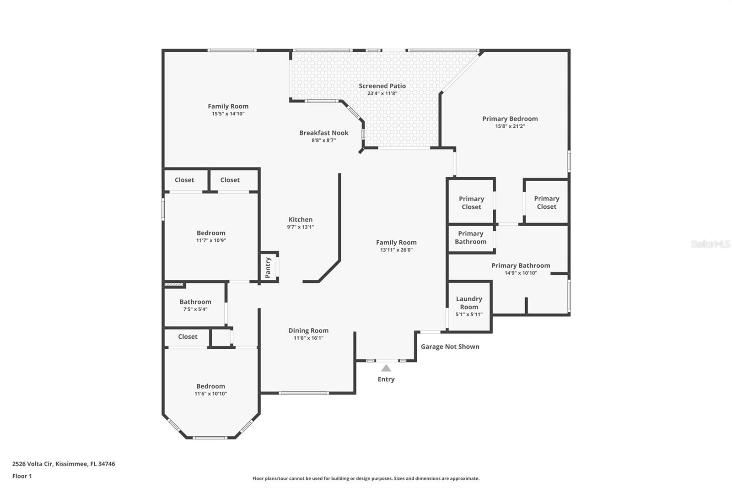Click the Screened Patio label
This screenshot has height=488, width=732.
pyautogui.click(x=382, y=86)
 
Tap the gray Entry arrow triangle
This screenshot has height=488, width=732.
pyautogui.click(x=386, y=369)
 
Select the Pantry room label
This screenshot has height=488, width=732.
pyautogui.click(x=268, y=267)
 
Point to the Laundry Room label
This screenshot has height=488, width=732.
pyautogui.click(x=469, y=303)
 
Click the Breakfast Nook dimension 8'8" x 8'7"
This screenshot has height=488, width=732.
pyautogui.click(x=323, y=141)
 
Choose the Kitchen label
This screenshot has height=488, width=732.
pyautogui.click(x=300, y=219)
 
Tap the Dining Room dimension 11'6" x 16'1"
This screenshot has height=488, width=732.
pyautogui.click(x=308, y=338)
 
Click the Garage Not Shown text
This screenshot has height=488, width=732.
pyautogui.click(x=450, y=347)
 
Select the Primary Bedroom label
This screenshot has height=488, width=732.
pyautogui.click(x=510, y=119)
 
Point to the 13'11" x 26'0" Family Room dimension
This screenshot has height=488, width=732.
pyautogui.click(x=396, y=250)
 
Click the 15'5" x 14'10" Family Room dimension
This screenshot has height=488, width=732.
pyautogui.click(x=228, y=114)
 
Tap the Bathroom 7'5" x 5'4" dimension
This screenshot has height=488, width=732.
pyautogui.click(x=195, y=309)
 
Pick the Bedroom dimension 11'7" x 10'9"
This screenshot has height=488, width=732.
pyautogui.click(x=211, y=240)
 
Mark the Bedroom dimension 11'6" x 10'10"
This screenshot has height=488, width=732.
pyautogui.click(x=210, y=394)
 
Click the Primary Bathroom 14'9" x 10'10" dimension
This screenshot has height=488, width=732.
pyautogui.click(x=521, y=273)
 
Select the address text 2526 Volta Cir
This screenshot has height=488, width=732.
pyautogui.click(x=32, y=464)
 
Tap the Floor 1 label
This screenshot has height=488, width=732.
pyautogui.click(x=22, y=476)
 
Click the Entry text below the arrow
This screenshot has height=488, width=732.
pyautogui.click(x=386, y=380)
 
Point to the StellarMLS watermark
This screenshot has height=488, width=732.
pyautogui.click(x=710, y=244)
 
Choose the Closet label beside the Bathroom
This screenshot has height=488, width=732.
pyautogui.click(x=188, y=336)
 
